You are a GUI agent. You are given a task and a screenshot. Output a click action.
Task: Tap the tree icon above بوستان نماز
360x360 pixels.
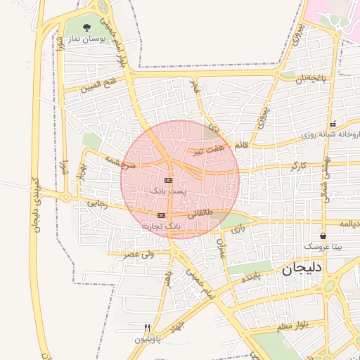[86, 28]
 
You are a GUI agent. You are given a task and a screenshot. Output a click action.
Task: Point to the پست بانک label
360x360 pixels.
[169, 191]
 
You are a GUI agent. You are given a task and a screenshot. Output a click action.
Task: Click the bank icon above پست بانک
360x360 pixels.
[167, 181]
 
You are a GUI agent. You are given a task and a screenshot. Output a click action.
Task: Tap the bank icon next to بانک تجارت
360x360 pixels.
[162, 215]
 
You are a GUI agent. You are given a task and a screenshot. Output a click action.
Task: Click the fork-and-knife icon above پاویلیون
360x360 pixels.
[147, 328]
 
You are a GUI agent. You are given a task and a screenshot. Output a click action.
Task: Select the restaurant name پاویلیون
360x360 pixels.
[148, 340]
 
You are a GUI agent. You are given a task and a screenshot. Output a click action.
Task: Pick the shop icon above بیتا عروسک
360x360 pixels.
[323, 236]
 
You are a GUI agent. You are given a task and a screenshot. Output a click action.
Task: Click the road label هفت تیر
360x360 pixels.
[210, 150]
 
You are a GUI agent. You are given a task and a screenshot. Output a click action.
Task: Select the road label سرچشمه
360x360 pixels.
[120, 162]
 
